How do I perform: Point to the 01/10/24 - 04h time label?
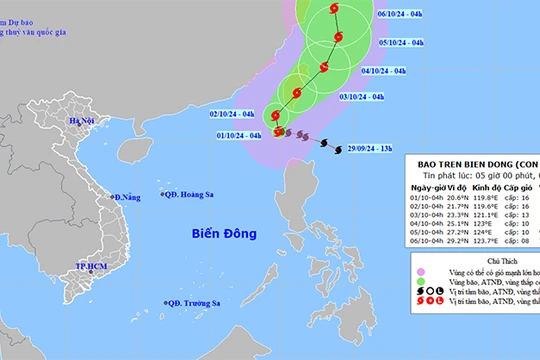pos(240,135)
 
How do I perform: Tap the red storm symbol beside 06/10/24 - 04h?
pos(334,12)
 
